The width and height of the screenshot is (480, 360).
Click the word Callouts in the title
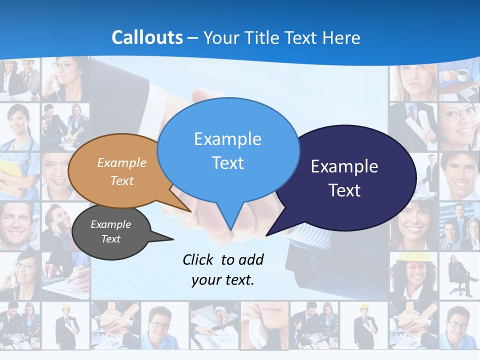(147, 37)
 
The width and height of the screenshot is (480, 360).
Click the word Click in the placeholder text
(198, 259)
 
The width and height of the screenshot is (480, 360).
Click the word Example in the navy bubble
(344, 166)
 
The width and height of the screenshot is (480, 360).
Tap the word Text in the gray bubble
(110, 239)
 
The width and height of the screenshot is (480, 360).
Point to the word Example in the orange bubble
(121, 162)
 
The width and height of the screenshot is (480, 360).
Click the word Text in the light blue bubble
(227, 163)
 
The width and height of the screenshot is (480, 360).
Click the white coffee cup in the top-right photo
(462, 74)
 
